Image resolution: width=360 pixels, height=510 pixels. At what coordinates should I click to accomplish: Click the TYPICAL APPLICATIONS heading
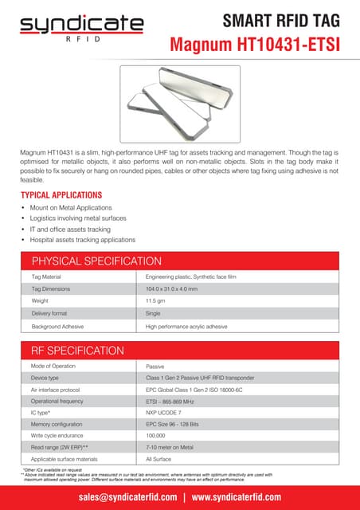point(61,194)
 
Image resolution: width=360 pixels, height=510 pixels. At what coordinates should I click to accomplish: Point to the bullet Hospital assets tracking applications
point(82,240)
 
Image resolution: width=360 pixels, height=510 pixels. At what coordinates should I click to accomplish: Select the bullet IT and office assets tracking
point(70,229)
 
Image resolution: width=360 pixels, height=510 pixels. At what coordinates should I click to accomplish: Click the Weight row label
point(40,301)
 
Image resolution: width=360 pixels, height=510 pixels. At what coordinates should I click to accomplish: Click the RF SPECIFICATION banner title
point(76,351)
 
